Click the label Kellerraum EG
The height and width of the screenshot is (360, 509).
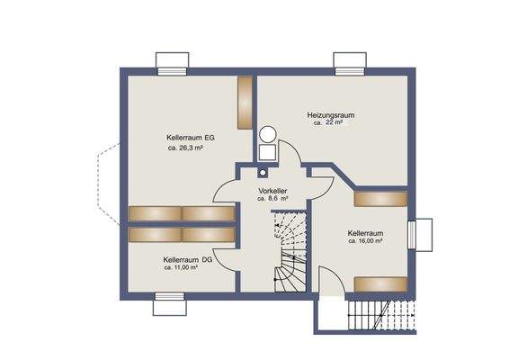(190, 137)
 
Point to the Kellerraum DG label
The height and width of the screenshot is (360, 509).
(187, 259)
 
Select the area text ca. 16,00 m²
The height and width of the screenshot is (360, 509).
(366, 242)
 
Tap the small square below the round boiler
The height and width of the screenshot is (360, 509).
(263, 171)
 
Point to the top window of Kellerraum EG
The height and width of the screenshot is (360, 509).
(172, 63)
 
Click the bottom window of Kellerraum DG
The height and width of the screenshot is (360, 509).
(167, 307)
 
